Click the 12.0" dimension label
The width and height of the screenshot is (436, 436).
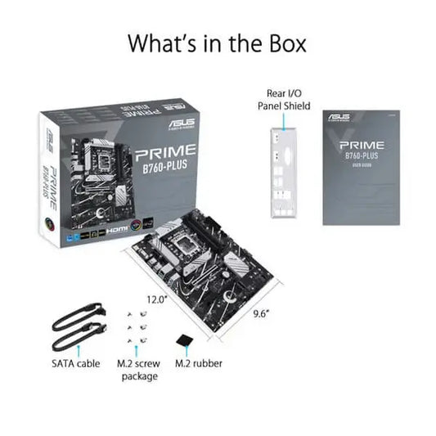tap(157, 299)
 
